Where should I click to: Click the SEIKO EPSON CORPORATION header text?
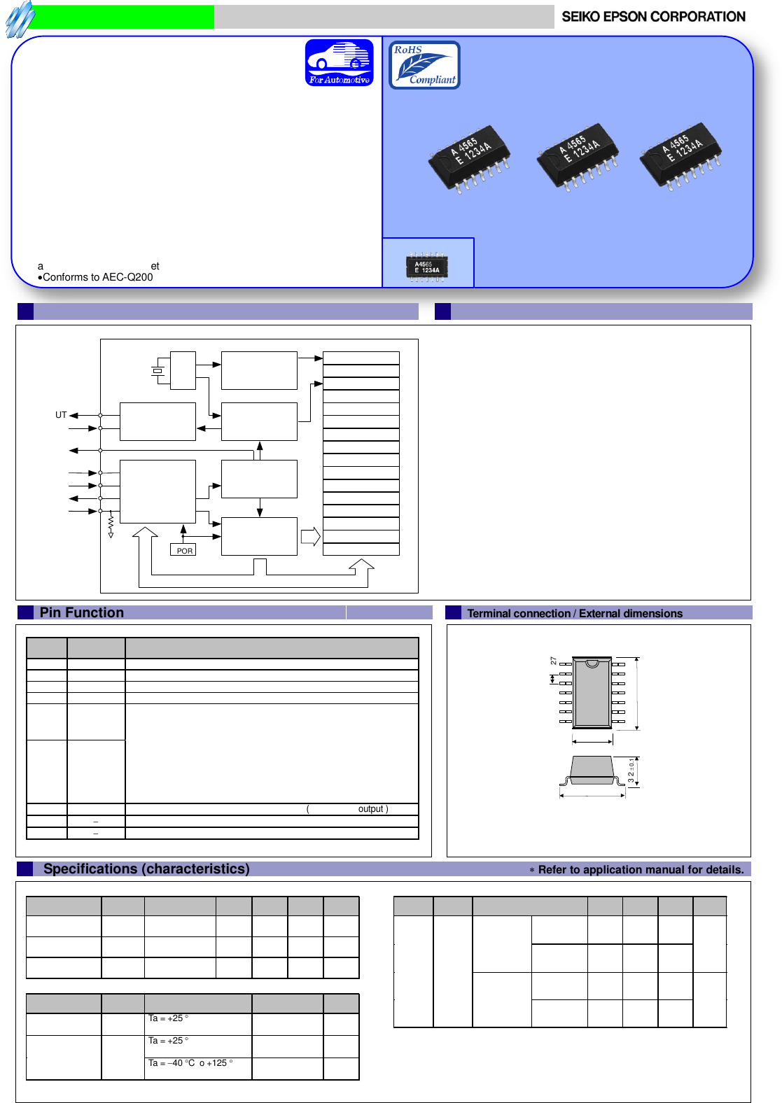point(653,17)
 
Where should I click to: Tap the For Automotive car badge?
point(340,63)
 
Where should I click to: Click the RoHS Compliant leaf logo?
point(424,65)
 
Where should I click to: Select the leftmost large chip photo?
point(469,158)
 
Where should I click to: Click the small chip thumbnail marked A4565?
point(427,267)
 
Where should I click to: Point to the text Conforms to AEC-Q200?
point(97,277)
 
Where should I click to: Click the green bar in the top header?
point(123,17)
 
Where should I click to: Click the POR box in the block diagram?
point(183,550)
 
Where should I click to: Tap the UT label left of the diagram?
point(61,415)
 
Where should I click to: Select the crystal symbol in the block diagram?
point(158,370)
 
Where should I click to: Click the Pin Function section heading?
point(82,612)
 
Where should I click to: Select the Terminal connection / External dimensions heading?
point(574,613)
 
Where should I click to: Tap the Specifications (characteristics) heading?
point(146,869)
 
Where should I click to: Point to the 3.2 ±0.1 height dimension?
point(631,771)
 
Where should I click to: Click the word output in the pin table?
point(370,809)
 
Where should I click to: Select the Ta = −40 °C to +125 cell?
point(190,1063)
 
